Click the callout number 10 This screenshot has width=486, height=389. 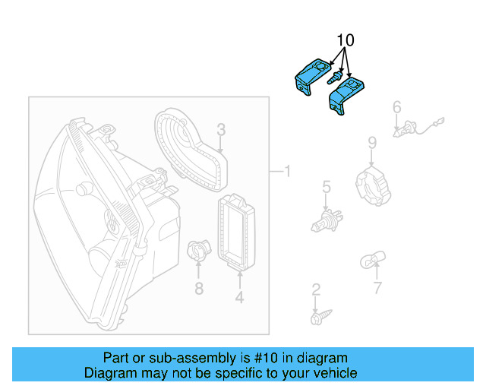[x=346, y=40]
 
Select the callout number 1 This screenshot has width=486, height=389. [x=286, y=172]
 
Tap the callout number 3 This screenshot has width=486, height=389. [x=221, y=129]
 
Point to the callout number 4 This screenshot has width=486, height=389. [x=239, y=298]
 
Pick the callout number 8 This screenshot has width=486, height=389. [x=198, y=288]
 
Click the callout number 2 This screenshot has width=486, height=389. [x=316, y=289]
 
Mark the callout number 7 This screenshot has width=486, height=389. [x=377, y=288]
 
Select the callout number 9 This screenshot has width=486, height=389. [x=372, y=142]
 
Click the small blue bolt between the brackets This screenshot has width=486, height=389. [x=333, y=78]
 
